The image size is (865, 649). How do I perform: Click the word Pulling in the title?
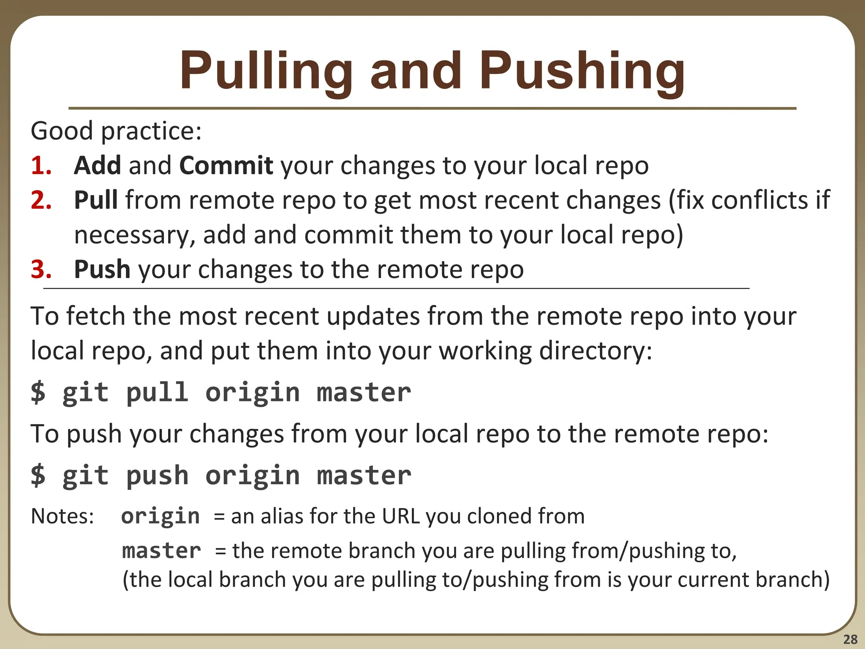click(266, 72)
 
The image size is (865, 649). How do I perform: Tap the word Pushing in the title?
click(582, 72)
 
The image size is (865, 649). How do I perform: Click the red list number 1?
click(41, 165)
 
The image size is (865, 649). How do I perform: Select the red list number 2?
click(41, 200)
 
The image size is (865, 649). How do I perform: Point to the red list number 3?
click(41, 269)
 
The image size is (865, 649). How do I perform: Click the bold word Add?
click(98, 165)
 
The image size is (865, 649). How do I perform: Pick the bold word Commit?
click(226, 165)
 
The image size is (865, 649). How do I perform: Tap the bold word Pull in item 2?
click(95, 200)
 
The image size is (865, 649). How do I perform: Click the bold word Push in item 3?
click(102, 269)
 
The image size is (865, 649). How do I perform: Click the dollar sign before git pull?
click(38, 392)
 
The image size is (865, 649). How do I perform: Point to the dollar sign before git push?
click(38, 475)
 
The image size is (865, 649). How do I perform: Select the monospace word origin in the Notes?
click(160, 516)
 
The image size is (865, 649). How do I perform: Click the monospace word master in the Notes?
click(161, 551)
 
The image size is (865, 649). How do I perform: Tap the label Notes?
click(63, 516)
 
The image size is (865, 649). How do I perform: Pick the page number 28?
click(850, 639)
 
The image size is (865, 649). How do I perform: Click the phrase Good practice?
click(116, 131)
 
